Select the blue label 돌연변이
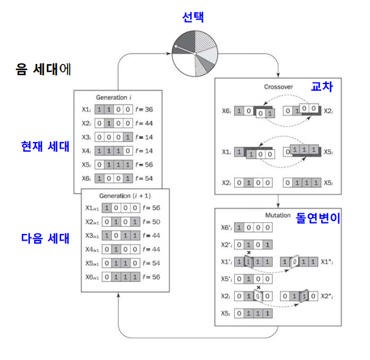pyautogui.click(x=318, y=217)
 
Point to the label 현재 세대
pyautogui.click(x=45, y=147)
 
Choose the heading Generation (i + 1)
pyautogui.click(x=125, y=197)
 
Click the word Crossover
pyautogui.click(x=278, y=86)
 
